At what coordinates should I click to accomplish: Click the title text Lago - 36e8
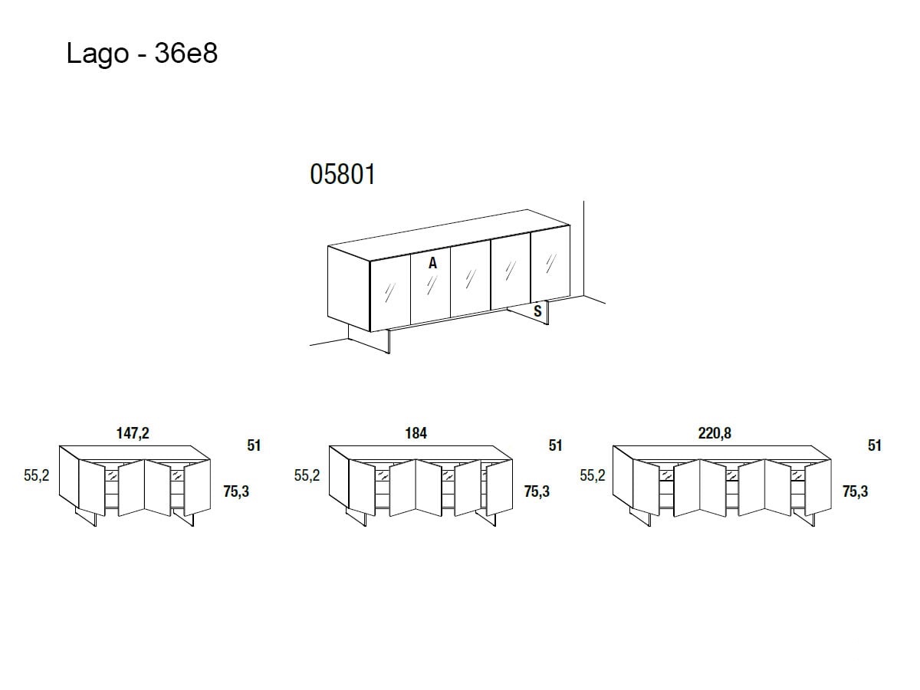142,54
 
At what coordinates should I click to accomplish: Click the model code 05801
343,174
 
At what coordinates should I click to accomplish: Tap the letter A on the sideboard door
432,263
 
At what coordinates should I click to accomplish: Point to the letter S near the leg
537,310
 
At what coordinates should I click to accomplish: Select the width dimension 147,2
133,433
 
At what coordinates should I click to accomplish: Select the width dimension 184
416,433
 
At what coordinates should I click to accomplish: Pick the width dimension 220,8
715,433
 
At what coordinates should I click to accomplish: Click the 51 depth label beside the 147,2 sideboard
254,445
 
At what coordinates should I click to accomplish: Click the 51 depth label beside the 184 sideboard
555,445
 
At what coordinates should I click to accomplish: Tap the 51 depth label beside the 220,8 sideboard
874,445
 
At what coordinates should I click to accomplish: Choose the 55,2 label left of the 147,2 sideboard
37,475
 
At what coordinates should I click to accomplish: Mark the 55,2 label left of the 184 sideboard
307,475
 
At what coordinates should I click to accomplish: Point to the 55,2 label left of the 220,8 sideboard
593,475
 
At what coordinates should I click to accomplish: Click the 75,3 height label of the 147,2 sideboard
236,491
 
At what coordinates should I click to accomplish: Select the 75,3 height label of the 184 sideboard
537,491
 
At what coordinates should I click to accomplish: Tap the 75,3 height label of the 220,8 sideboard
856,491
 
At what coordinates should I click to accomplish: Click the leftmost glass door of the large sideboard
390,293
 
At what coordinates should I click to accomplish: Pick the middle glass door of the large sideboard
470,278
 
